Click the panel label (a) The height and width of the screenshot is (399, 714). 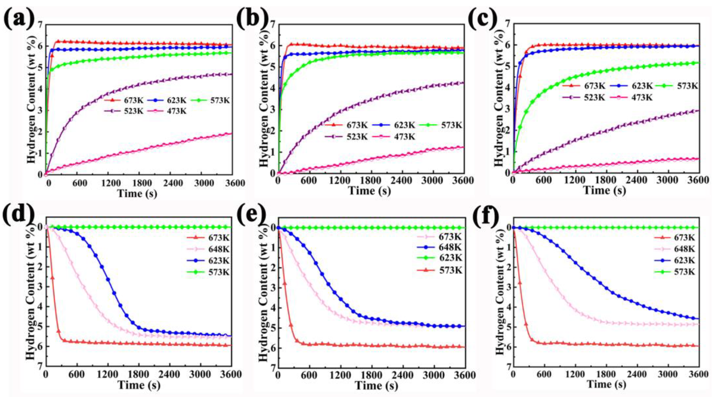19,20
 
